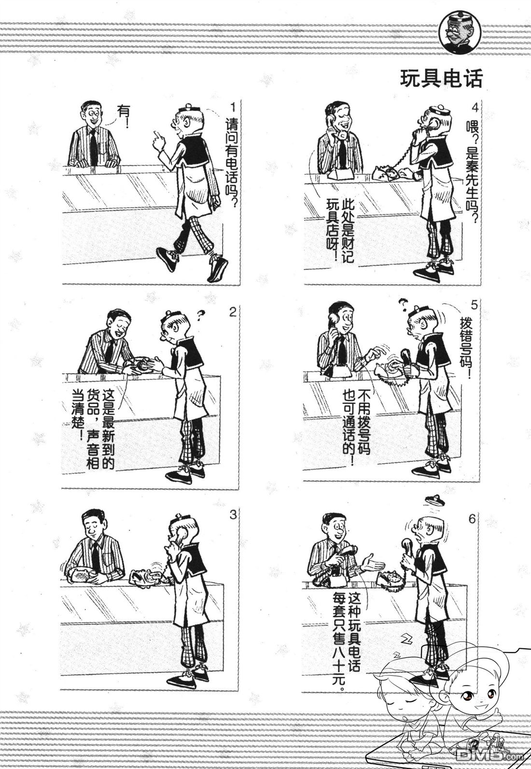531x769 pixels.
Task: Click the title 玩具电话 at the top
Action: (441, 79)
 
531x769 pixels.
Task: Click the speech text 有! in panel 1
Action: (124, 117)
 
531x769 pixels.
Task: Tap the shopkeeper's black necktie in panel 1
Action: (93, 146)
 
